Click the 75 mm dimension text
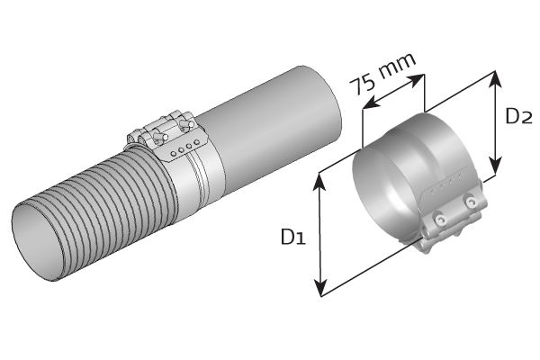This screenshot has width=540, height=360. (x=382, y=75)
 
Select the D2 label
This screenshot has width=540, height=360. (x=519, y=117)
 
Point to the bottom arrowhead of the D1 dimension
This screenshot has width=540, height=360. (x=319, y=290)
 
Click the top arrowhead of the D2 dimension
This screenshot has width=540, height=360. (x=494, y=76)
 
